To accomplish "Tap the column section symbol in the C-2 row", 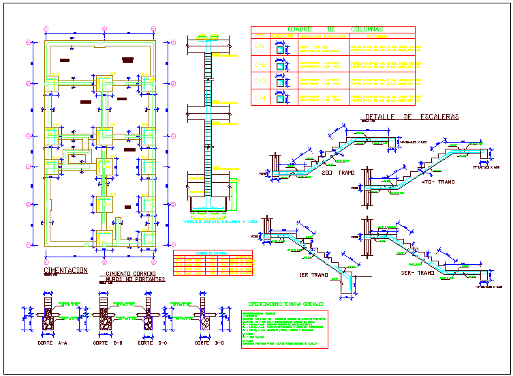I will (x=279, y=65).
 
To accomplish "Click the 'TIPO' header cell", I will (x=259, y=36).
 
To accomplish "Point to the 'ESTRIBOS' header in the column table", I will (x=280, y=36).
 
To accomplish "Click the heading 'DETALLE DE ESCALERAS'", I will (x=411, y=117).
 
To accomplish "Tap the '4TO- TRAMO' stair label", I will (x=437, y=182).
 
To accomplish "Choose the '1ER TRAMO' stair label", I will (x=313, y=276).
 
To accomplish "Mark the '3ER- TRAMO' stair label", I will (x=418, y=272).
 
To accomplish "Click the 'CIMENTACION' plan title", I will (x=65, y=271).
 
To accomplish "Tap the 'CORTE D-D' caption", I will (x=202, y=343).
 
